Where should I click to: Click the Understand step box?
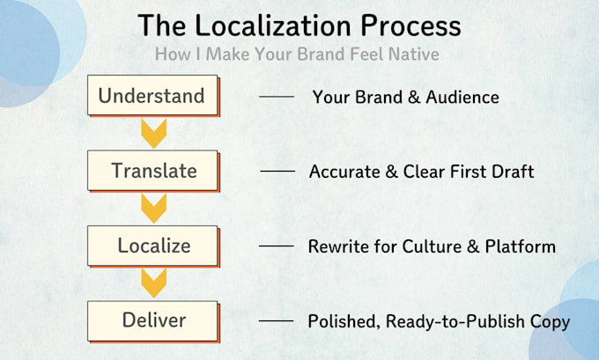pos(153,95)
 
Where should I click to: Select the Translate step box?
pos(153,171)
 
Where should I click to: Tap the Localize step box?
pos(153,246)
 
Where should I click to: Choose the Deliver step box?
pos(153,320)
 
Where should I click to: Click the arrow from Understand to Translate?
pos(153,133)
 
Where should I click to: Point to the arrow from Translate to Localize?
pos(153,209)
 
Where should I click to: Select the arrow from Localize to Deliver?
pos(153,283)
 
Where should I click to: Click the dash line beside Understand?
pos(277,97)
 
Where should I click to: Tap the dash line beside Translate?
pos(277,172)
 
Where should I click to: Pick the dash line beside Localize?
pos(277,246)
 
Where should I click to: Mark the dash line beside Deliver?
pos(277,321)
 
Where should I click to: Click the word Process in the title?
pos(410,26)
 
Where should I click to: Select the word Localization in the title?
pos(273,26)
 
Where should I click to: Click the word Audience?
pos(462,98)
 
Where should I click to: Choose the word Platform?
pos(521,246)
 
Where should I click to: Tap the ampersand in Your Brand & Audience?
pos(414,98)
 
